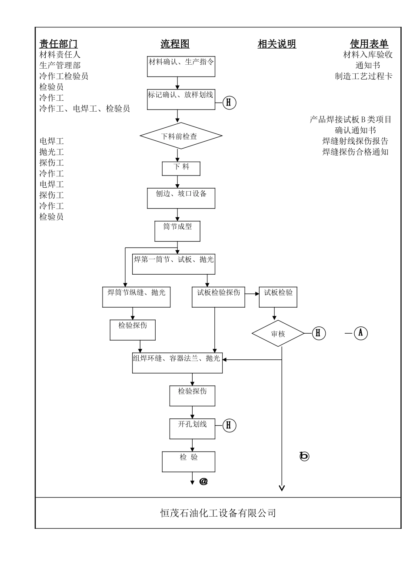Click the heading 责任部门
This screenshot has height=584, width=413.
coord(59,44)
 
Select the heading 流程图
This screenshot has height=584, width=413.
coord(175,44)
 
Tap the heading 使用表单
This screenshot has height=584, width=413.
coord(369,44)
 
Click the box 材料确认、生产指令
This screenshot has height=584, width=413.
coord(181,66)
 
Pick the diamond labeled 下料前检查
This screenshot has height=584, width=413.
coord(181,136)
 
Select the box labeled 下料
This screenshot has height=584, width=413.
coord(181,169)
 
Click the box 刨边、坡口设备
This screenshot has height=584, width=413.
coord(181,198)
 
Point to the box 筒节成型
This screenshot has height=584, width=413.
coord(177,231)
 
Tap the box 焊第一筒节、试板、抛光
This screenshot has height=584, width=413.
coord(173,264)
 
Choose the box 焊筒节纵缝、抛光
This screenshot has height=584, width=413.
coord(136,297)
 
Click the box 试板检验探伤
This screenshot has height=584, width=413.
coord(218,297)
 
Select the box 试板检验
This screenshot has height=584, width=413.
coord(278,297)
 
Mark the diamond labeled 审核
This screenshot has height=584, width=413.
coord(278,334)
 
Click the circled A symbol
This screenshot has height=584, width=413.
coord(360,333)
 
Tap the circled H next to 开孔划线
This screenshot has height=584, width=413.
coord(230,425)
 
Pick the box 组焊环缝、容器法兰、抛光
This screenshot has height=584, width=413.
coord(177,362)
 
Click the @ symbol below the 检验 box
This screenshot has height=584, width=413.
coord(203,481)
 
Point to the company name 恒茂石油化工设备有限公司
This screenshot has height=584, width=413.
coord(218,513)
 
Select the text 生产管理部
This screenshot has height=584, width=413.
coord(60,66)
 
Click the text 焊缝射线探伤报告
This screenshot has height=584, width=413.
coord(355,141)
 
